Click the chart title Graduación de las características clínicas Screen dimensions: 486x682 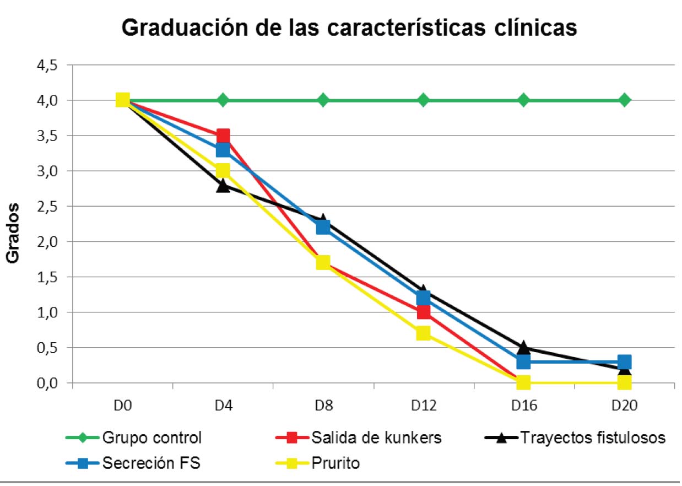click(349, 27)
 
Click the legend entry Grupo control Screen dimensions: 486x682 click(151, 439)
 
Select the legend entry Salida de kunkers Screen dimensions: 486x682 click(376, 439)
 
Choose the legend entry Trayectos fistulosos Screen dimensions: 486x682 click(593, 439)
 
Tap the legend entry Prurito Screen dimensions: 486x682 click(335, 463)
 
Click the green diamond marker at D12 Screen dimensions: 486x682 click(423, 100)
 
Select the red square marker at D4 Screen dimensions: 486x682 click(223, 136)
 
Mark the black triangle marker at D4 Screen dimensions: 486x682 click(223, 186)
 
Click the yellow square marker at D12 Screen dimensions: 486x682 click(423, 333)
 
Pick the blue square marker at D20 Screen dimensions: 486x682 click(624, 361)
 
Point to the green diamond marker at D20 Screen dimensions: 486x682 click(624, 100)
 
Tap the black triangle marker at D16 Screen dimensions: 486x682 click(523, 348)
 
